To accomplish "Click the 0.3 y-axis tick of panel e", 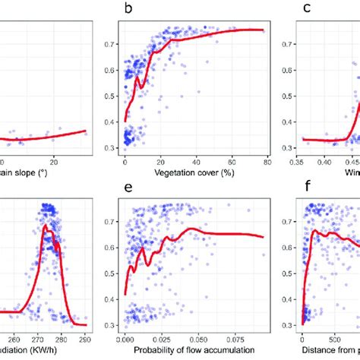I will [x=112, y=327].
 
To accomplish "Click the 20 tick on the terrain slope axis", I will [x=54, y=161].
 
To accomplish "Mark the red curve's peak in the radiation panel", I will [x=47, y=226].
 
